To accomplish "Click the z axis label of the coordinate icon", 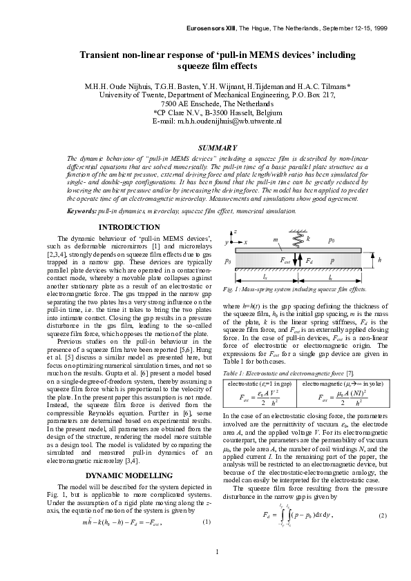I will click(x=236, y=232).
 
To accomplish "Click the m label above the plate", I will click(x=276, y=239).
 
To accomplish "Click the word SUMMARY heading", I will click(x=218, y=148).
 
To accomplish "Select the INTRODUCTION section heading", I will click(x=129, y=227).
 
